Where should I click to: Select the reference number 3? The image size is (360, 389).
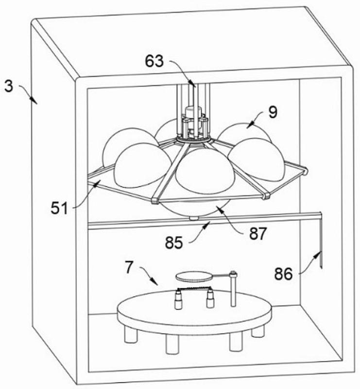pos(8,87)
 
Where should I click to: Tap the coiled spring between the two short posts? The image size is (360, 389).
pos(193,290)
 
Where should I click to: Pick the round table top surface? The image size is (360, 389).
pos(194,311)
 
